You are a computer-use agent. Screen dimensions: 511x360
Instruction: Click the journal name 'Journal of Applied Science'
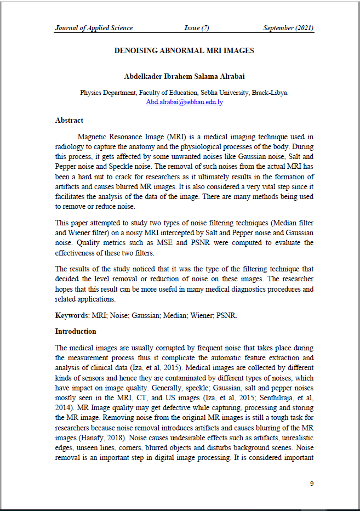tap(94, 28)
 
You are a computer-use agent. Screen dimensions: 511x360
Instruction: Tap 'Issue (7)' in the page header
tap(197, 28)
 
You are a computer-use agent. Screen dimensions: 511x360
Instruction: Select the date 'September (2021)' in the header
tap(288, 28)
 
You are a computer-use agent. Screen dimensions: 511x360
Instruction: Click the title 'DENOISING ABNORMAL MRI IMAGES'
tap(184, 50)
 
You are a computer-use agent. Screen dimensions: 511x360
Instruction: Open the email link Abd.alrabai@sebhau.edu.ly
tap(184, 102)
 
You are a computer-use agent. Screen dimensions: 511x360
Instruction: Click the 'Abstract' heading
tap(69, 120)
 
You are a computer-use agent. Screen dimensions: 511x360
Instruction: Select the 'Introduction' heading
tap(76, 331)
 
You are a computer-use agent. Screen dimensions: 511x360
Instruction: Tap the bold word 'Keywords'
tap(71, 316)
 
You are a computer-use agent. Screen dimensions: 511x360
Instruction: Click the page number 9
tap(312, 484)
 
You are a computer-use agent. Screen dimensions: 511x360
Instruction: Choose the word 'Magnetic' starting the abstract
tap(94, 136)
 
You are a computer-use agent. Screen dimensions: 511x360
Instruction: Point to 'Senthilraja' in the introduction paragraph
tap(273, 398)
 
